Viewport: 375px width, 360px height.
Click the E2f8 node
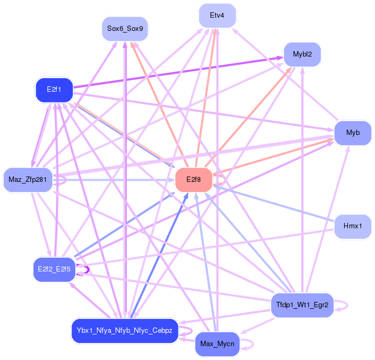coord(193,180)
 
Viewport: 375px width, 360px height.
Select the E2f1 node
coord(54,90)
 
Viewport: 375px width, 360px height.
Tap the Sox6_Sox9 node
coord(125,28)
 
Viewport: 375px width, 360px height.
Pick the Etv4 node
coord(217,16)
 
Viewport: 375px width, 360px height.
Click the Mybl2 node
coord(302,54)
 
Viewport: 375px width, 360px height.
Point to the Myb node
coord(352,133)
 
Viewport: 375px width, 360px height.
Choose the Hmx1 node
coord(352,226)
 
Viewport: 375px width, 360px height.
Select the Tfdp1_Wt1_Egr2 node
coord(302,306)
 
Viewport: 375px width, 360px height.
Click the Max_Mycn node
coord(217,343)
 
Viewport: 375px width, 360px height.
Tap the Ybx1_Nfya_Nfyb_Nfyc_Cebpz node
coord(124,331)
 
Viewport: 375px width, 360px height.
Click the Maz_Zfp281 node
coord(27,180)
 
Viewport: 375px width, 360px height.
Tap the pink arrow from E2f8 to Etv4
coord(207,96)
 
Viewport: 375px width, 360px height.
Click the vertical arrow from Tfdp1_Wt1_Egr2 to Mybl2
coord(303,181)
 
